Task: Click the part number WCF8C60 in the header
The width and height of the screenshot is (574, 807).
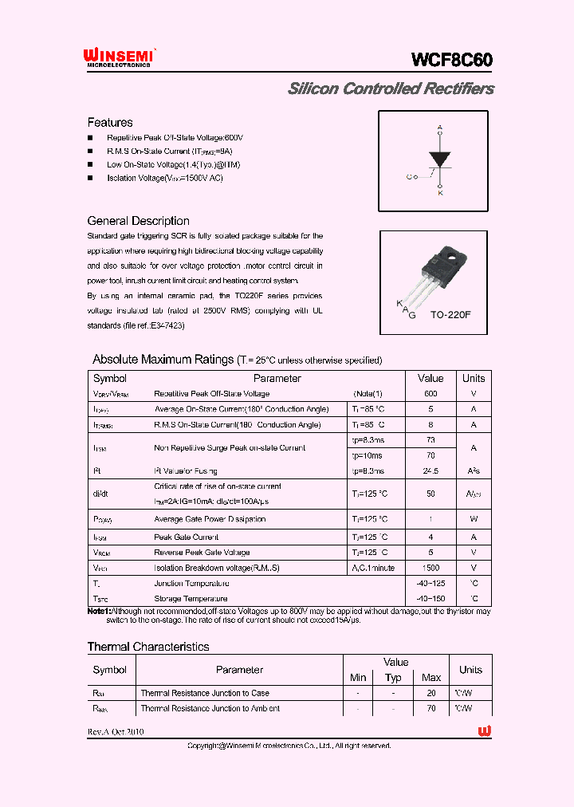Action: (452, 60)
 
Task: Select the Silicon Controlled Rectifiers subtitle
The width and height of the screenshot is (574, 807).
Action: (390, 89)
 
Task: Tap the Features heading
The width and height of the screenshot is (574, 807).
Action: (110, 123)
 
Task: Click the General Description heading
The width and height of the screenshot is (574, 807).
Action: (138, 221)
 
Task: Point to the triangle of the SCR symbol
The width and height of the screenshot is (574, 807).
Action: (439, 158)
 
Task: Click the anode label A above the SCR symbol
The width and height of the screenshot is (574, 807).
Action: (439, 128)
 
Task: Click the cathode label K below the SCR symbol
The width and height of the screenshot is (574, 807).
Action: (439, 193)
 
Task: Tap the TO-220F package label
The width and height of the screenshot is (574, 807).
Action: (451, 315)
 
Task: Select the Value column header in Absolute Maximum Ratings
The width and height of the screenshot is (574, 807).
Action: (431, 379)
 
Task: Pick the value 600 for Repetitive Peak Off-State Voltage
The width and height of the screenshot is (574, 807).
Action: (431, 394)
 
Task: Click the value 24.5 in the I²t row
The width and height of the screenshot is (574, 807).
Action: (431, 471)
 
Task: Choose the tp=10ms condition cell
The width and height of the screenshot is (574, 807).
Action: (367, 455)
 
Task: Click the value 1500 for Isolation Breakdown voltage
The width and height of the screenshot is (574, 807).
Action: (431, 568)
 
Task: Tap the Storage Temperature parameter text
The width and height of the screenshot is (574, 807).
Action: (191, 598)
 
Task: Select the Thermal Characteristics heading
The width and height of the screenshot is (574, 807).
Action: (148, 647)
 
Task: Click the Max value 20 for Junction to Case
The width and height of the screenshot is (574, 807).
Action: (431, 693)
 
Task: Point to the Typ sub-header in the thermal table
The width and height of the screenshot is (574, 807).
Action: (393, 678)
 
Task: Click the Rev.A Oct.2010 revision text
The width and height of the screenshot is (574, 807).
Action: (116, 731)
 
